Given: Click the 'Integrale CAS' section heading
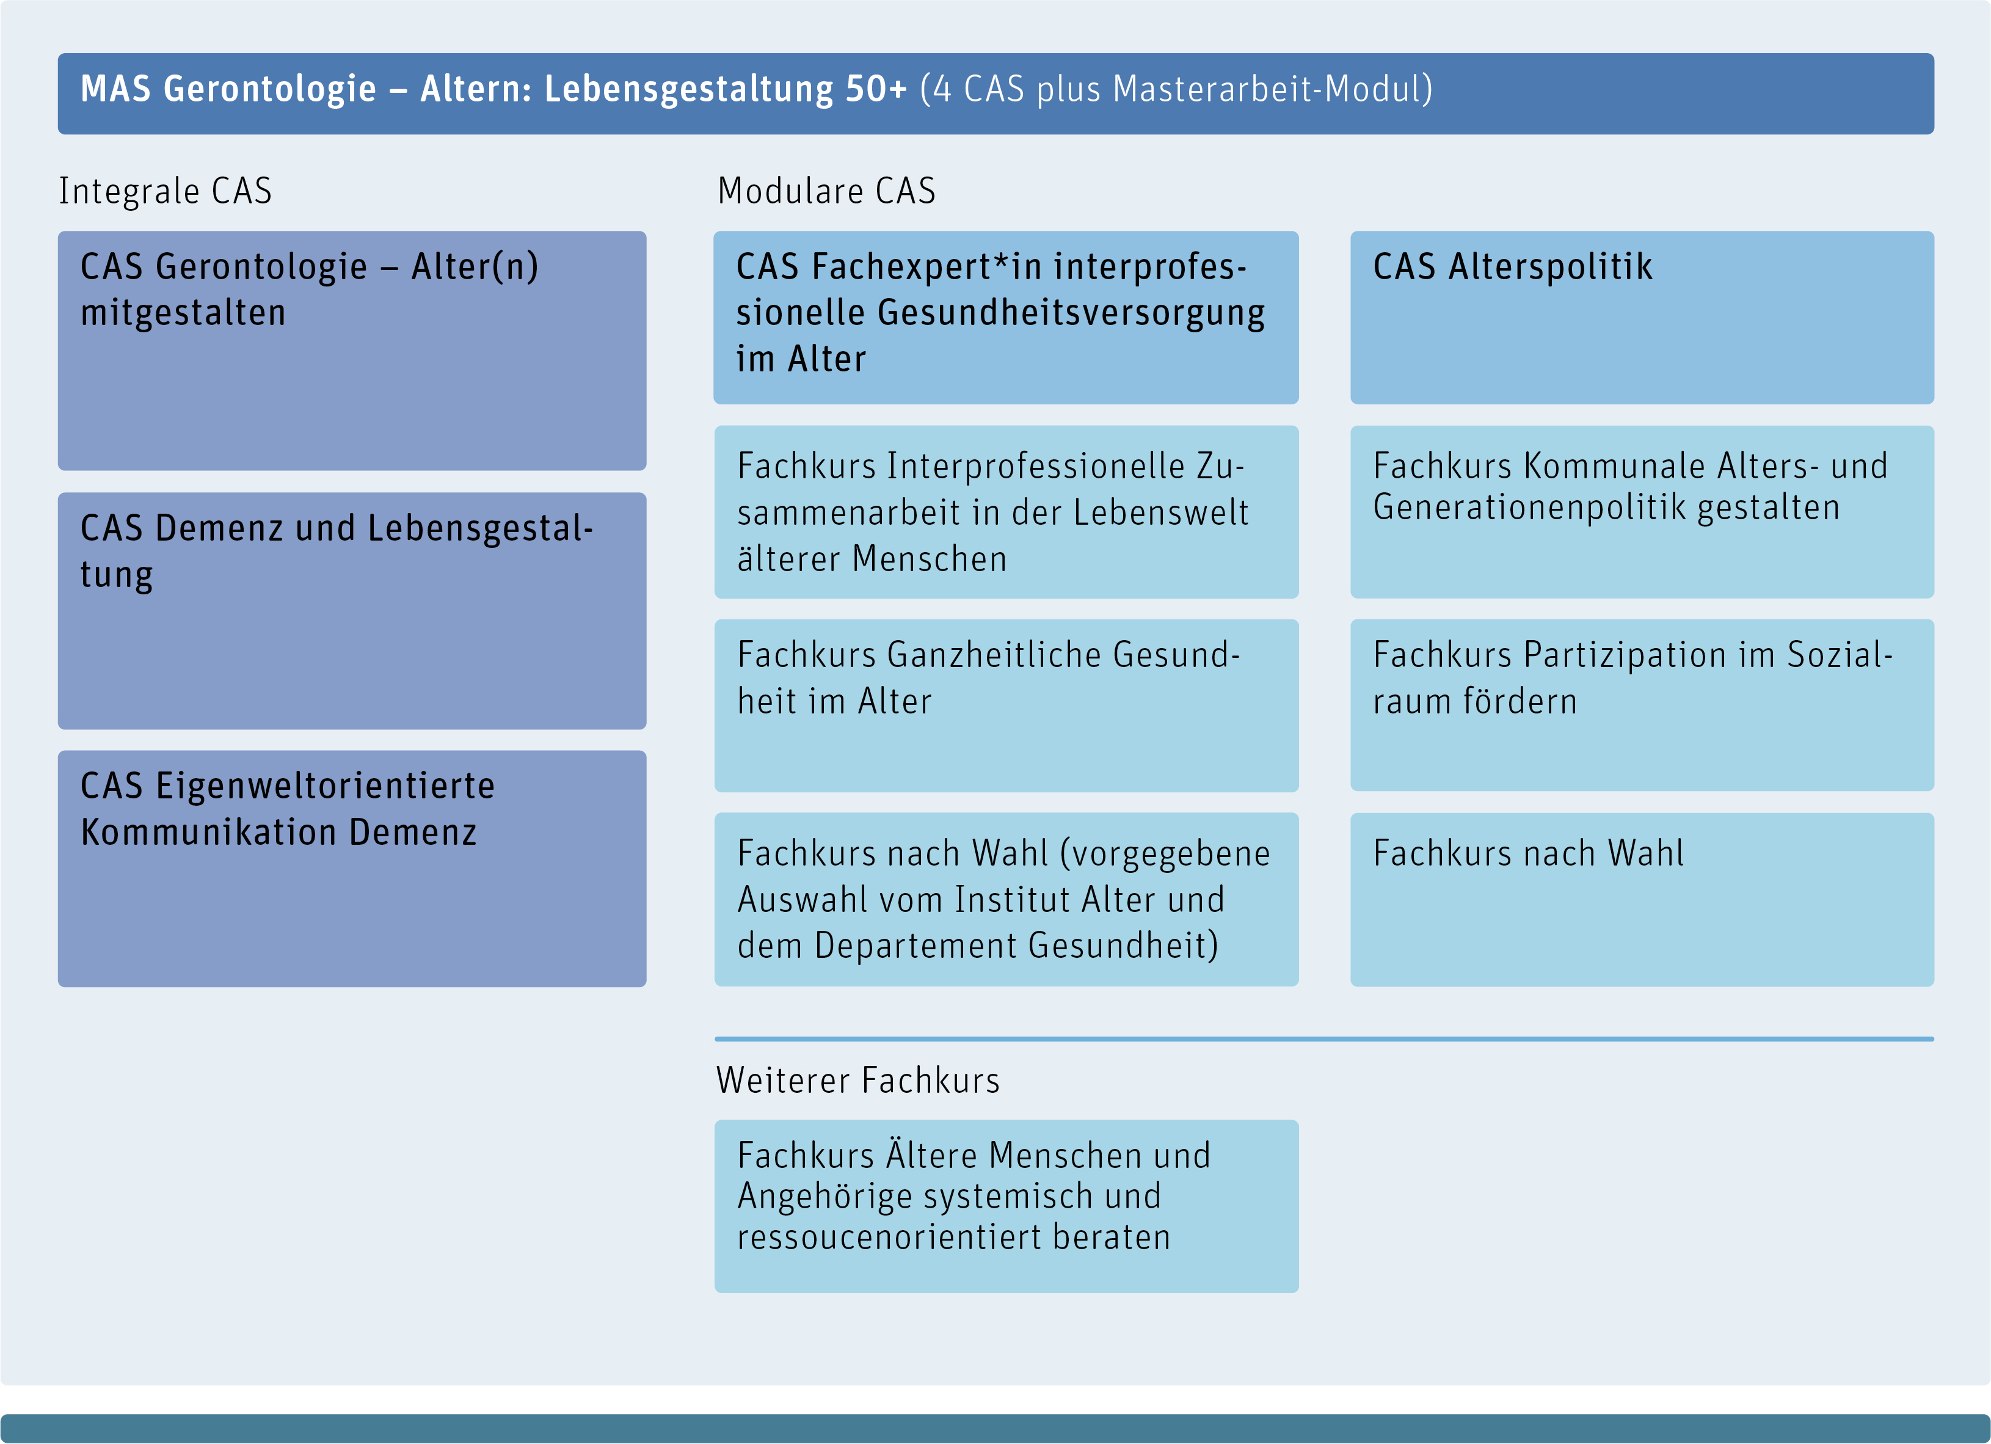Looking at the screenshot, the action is coord(165,191).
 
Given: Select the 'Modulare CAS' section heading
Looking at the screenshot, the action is coord(826,191).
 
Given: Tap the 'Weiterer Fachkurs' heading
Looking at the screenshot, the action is coord(857,1081).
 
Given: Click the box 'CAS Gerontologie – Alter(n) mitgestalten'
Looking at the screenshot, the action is coord(352,351).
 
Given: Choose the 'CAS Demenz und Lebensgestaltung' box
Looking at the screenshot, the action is coord(352,611).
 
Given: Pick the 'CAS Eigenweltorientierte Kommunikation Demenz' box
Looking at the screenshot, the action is coord(352,869).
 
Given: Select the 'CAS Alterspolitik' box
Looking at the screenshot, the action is coord(1642,318).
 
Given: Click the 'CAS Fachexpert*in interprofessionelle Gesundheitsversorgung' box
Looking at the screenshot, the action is coord(1006,318).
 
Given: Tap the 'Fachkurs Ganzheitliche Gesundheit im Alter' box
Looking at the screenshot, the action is coord(1006,706).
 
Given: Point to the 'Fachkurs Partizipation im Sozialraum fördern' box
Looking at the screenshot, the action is coord(1642,706).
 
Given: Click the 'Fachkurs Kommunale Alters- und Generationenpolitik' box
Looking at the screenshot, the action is coord(1642,512).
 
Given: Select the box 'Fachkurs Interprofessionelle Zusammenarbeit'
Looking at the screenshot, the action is coord(1006,512).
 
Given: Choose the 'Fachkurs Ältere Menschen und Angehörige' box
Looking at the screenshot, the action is coord(1006,1206).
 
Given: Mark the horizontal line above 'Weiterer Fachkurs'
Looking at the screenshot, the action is coord(1324,1040).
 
